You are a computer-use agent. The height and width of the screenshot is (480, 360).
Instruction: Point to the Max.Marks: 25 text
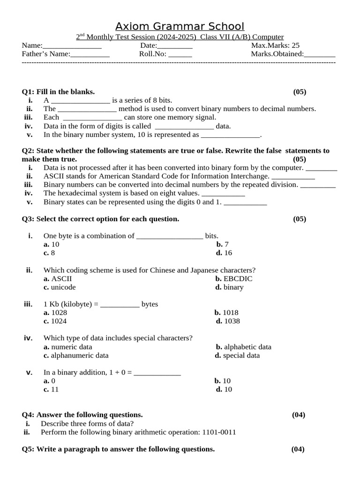click(275, 45)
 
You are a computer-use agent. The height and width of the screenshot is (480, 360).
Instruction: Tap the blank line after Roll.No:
click(180, 54)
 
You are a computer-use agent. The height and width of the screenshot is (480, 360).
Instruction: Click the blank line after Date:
click(174, 46)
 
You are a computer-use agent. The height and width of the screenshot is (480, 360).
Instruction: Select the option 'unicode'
click(63, 287)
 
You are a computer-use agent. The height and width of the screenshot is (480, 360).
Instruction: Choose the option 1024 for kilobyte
click(59, 321)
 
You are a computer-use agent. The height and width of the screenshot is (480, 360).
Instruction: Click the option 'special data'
click(241, 356)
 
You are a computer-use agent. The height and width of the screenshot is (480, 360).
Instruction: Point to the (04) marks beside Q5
click(298, 449)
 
